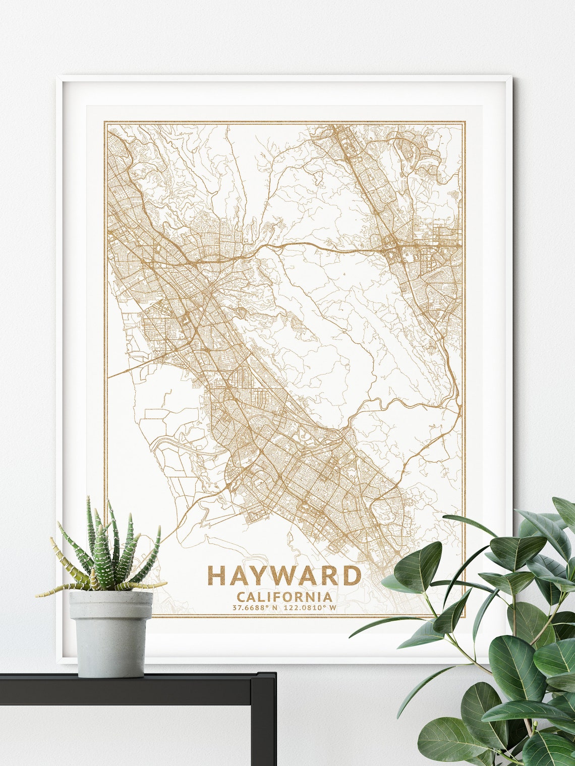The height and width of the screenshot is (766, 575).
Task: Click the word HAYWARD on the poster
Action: point(284,576)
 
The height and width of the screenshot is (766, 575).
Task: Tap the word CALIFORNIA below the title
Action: point(284,597)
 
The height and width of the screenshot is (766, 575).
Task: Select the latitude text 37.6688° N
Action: point(255,608)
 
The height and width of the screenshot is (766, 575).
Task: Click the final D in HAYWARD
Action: point(353,576)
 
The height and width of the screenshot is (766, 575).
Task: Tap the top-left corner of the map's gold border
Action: point(105,122)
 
